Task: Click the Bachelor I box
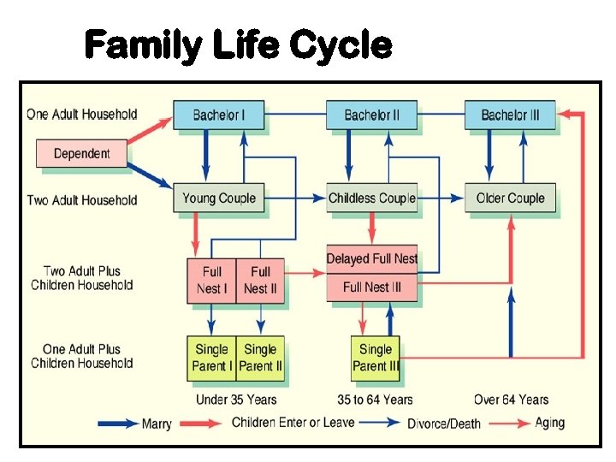pos(218,115)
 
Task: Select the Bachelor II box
pos(371,115)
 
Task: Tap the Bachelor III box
pos(510,115)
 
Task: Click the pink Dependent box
pos(81,154)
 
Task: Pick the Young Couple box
pos(218,198)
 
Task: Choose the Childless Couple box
pos(371,198)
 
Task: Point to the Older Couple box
pos(510,198)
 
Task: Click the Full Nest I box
pos(211,280)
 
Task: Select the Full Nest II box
pos(260,280)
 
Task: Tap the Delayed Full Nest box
pos(371,258)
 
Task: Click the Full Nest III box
pos(371,287)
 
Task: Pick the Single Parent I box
pos(211,358)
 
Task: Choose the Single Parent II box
pos(260,358)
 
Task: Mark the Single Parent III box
pos(375,358)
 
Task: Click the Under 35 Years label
pos(236,400)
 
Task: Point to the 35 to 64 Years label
pos(375,400)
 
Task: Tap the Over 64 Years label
pos(512,400)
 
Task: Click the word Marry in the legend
pos(157,423)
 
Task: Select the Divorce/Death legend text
pos(444,423)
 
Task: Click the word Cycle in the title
pos(340,44)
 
